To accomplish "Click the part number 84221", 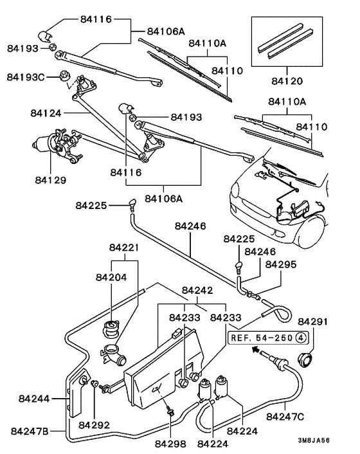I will coord(124,248).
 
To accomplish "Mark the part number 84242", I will coord(197,290).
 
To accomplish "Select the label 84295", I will coord(281,264).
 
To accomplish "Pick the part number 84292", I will coord(94,424).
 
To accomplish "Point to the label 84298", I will coord(170,444).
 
